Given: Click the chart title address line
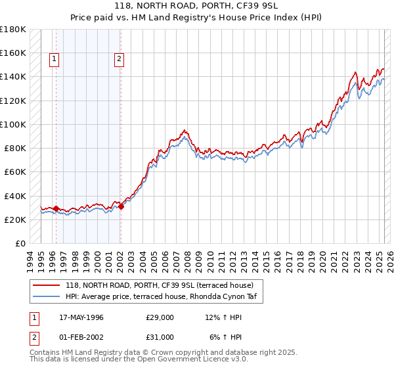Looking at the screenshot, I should tap(196, 7).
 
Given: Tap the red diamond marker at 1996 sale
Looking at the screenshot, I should tap(56, 208).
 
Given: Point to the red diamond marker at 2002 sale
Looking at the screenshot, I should tap(121, 206).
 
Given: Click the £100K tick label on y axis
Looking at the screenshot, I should tap(13, 124).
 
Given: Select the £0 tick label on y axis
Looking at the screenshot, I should tap(20, 243).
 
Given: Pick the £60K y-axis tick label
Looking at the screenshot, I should tap(15, 172).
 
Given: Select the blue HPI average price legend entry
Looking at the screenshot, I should tap(164, 297).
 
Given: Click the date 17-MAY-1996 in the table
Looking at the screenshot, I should tap(77, 317).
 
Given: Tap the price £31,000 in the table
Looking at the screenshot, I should tap(160, 337).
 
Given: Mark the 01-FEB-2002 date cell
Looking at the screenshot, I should tap(77, 337).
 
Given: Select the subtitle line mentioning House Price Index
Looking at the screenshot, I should tap(196, 18).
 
